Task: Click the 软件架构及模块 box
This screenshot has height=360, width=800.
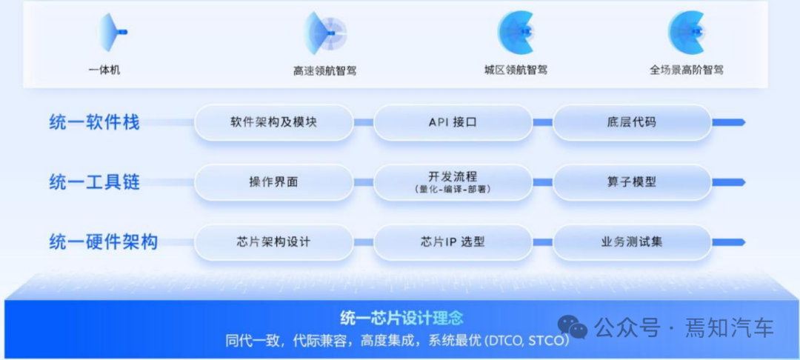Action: [x=273, y=122]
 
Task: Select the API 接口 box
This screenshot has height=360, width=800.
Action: [x=453, y=122]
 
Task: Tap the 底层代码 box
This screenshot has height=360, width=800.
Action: [x=631, y=122]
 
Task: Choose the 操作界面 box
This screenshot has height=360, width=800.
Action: [x=273, y=181]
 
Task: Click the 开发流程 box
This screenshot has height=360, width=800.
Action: [x=453, y=181]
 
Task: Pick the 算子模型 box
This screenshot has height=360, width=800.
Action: [x=631, y=181]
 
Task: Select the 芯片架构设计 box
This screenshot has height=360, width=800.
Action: [x=273, y=241]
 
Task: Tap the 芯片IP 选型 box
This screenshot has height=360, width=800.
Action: [x=453, y=241]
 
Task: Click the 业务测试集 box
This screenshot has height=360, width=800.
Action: [x=631, y=241]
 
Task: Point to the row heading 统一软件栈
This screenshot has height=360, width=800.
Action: [x=94, y=122]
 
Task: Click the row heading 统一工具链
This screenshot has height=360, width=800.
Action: [x=94, y=181]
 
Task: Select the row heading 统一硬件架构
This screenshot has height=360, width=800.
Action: [x=103, y=241]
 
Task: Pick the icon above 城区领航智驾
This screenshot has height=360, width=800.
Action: [x=516, y=32]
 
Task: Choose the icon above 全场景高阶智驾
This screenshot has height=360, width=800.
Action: [x=687, y=32]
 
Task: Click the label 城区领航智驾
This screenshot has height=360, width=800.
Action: [x=516, y=70]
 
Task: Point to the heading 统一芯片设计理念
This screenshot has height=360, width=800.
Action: [x=401, y=319]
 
